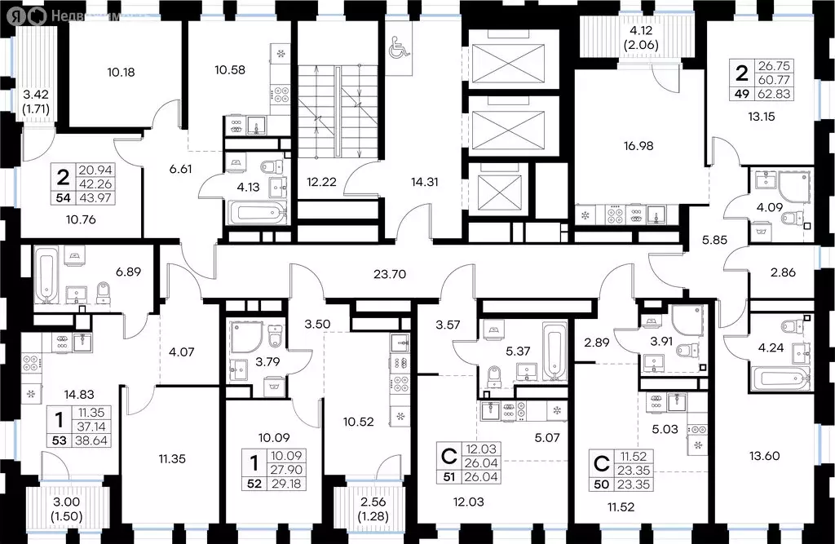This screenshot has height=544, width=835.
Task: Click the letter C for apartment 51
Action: point(447,453)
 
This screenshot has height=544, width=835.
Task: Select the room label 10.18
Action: point(121,72)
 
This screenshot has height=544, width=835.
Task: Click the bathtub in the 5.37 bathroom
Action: point(552,352)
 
